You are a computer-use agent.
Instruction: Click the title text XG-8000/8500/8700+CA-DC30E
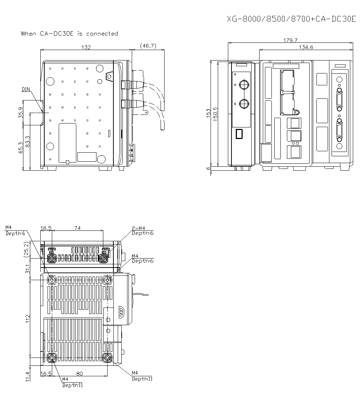(x=291, y=19)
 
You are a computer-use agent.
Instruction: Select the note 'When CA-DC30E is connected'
(x=69, y=33)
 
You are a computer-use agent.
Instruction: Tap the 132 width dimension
(x=86, y=47)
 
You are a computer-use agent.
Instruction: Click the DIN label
(x=26, y=89)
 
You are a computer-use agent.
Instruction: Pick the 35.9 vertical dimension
(x=21, y=113)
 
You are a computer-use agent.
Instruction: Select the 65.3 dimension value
(x=21, y=148)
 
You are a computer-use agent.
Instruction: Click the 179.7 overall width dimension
(x=290, y=40)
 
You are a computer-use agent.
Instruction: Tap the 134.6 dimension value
(x=306, y=47)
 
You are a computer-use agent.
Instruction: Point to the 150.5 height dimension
(x=216, y=114)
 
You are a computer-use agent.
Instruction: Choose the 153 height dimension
(x=208, y=114)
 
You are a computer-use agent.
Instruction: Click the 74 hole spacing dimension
(x=77, y=228)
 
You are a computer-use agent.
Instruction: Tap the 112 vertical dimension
(x=27, y=319)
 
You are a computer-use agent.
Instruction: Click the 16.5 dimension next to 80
(x=46, y=373)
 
